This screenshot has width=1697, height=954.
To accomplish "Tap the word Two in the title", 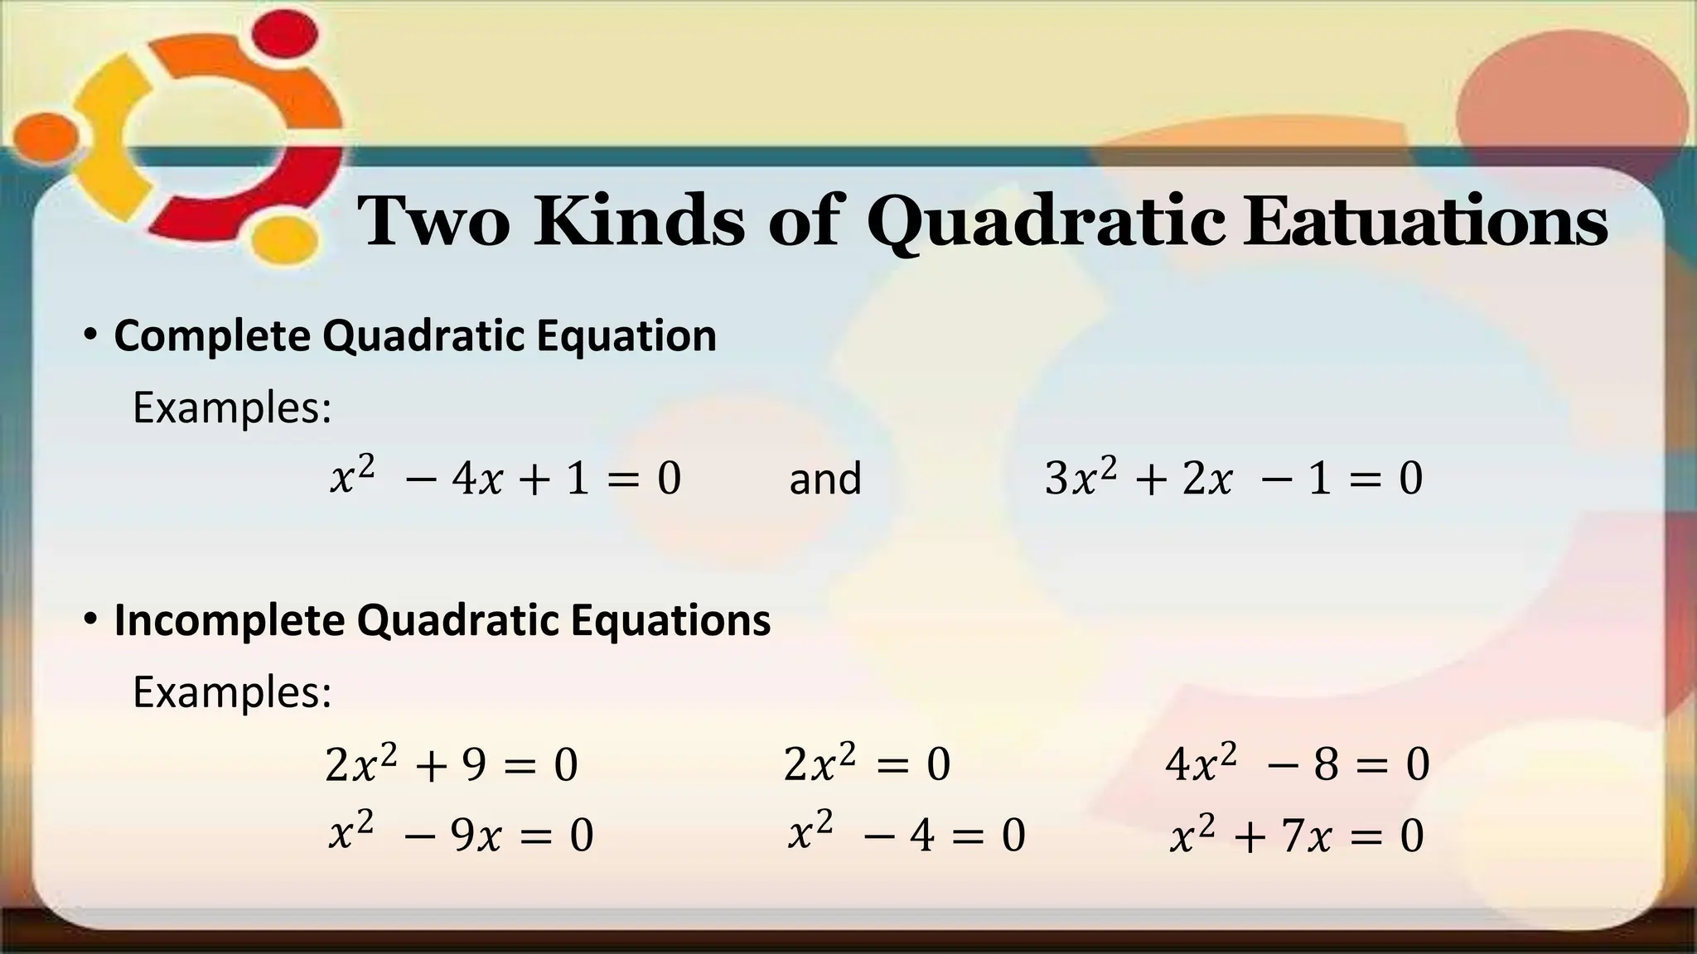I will coord(433,221).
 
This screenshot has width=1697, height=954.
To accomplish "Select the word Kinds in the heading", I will coord(639,221).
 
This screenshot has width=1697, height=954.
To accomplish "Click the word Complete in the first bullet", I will coord(211,335).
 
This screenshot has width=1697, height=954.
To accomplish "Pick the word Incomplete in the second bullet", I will coord(230,619).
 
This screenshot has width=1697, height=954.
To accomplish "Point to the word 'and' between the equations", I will coord(824,479).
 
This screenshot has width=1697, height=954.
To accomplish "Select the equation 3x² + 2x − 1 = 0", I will coord(1233,478).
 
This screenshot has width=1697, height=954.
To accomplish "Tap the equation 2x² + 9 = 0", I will coord(452,764).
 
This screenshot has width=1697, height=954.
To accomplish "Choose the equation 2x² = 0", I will coord(867,764).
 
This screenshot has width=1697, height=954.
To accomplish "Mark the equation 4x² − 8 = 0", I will coord(1297,764).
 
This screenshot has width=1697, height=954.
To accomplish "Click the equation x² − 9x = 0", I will coord(461,834).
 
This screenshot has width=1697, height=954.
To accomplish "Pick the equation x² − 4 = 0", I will coord(906,834).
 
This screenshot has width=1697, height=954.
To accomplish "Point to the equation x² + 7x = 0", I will coord(1296,834).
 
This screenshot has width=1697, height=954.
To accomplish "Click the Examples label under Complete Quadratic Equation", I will coord(232,407).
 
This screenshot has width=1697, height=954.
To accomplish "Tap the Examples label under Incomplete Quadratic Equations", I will coord(232,691).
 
